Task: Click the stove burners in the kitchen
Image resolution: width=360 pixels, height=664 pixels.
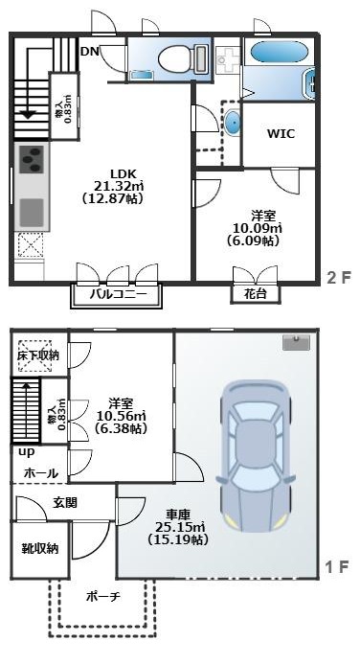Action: point(30,157)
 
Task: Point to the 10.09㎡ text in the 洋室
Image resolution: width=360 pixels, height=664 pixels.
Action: point(258,229)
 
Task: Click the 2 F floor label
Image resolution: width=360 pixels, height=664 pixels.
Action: point(336,278)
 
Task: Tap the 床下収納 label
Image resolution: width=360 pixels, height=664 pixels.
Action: point(37,355)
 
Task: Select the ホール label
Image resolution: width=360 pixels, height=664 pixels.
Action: point(40,472)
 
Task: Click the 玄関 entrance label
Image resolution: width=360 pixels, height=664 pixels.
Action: point(65,502)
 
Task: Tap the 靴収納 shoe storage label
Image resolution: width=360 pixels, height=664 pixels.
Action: point(39,549)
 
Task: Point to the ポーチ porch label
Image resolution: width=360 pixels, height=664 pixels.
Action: point(102,596)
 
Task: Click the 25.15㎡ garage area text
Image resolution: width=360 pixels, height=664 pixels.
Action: point(175,526)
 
